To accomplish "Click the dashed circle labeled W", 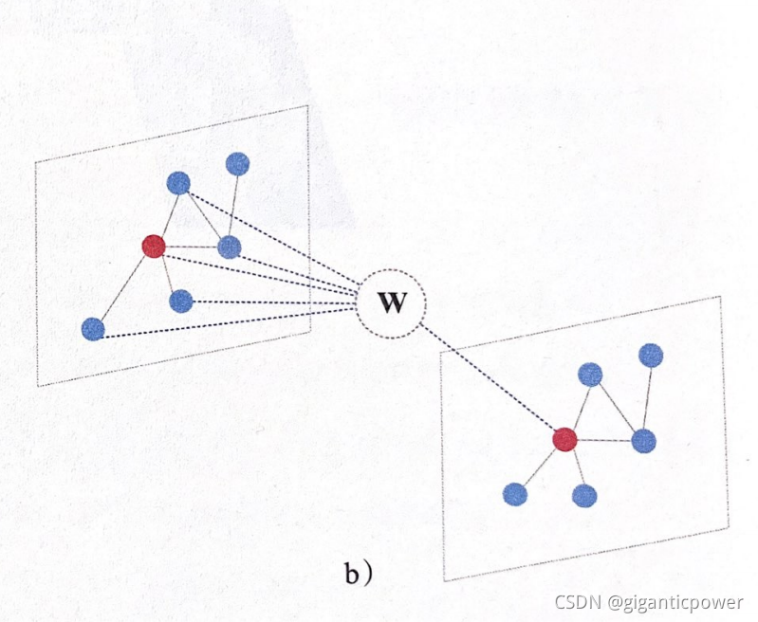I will point(390,303).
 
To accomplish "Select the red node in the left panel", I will point(154,247).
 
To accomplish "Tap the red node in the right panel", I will point(565,439).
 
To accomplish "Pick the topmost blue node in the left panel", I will point(237,163).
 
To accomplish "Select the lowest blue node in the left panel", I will point(93,329).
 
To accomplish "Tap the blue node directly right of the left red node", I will point(230,247).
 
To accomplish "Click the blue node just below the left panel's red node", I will point(181,302).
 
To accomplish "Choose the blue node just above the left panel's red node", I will point(178,183).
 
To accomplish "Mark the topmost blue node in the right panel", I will point(651,356).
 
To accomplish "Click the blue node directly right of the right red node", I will point(644,440).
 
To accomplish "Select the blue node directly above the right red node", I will point(590,374).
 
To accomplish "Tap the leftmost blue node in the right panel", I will point(514,493).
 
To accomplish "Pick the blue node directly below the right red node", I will point(584,494).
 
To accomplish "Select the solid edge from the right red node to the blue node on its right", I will point(604,440).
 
